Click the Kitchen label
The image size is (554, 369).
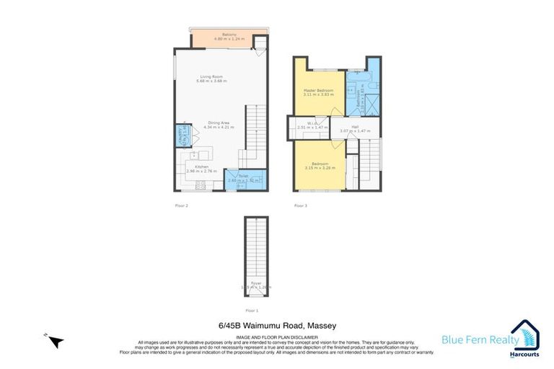[197, 169]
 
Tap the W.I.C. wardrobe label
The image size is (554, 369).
[312, 125]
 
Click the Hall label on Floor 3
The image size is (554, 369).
[355, 128]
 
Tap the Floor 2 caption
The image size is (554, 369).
[181, 206]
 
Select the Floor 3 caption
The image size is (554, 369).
[300, 206]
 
